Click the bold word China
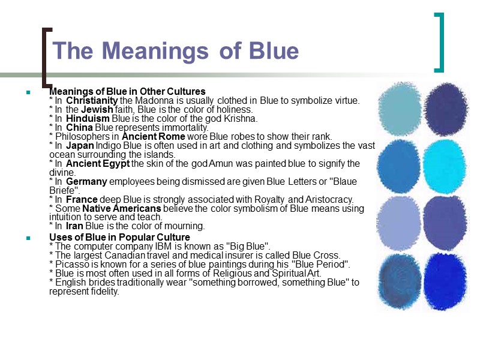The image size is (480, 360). tap(79, 127)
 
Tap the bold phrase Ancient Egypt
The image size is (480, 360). tap(98, 163)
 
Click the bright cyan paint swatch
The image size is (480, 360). tap(444, 164)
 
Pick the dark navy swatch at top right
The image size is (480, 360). tap(444, 109)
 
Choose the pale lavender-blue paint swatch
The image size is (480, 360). tap(401, 220)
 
